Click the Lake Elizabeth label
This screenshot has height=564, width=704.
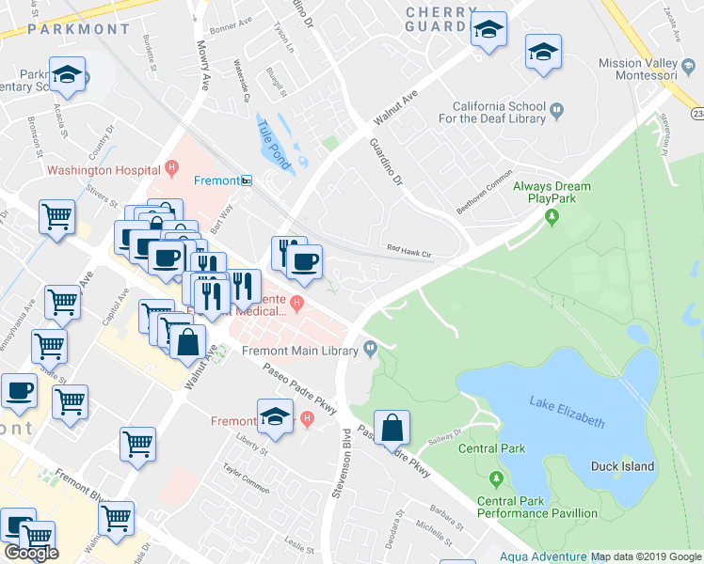coord(566,411)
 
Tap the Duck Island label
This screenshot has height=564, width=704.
coord(622,466)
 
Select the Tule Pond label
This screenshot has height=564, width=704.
coord(274,140)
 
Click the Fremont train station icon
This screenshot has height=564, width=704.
coord(246,180)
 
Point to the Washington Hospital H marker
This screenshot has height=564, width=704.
coord(170,168)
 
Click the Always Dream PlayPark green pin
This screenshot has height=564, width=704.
coord(552,218)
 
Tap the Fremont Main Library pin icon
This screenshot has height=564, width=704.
coord(371,350)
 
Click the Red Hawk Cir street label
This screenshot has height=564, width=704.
coord(409,252)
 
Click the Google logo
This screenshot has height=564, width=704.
coord(31,553)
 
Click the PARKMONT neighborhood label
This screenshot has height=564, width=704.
coord(78,29)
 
